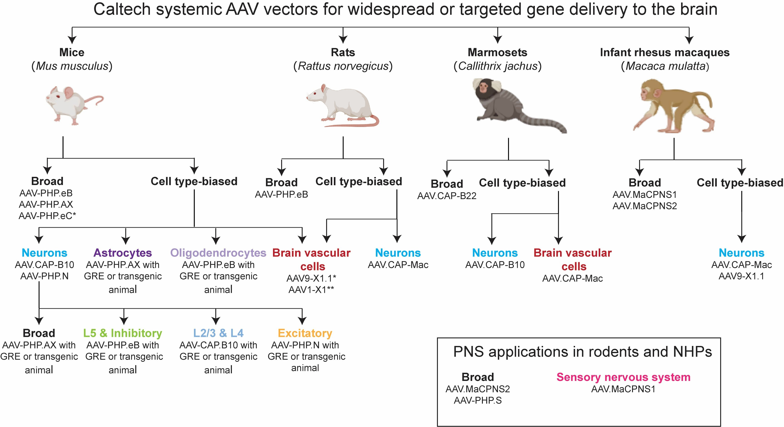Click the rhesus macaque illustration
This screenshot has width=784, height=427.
coord(673,106)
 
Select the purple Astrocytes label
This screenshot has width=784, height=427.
coord(123,253)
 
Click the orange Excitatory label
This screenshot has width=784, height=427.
coord(305,333)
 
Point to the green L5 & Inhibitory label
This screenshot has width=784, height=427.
coord(123,333)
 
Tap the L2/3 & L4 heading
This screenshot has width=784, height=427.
coord(218,333)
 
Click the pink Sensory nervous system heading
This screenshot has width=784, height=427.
coord(623,377)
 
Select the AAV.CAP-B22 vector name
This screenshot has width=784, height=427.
coord(447,196)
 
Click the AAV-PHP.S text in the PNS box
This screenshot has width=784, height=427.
coord(478,400)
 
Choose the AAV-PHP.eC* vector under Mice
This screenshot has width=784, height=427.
coord(47,216)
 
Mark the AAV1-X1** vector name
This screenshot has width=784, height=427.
coord(311,289)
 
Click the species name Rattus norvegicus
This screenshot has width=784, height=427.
coord(343,66)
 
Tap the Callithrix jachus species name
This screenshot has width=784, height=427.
coord(498,66)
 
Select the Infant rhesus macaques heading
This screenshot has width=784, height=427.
coord(665,52)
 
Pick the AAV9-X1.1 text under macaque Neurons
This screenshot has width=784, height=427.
coord(741,276)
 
